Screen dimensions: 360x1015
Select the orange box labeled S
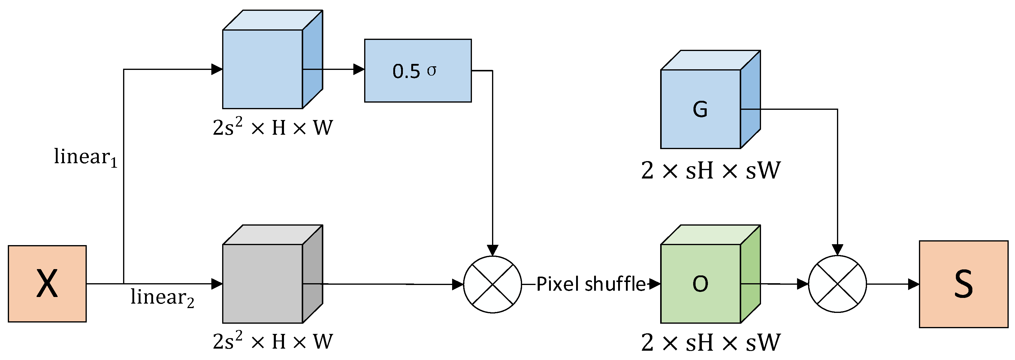pyautogui.click(x=963, y=284)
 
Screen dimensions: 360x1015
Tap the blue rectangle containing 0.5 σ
pyautogui.click(x=418, y=70)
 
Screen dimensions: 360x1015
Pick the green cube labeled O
pyautogui.click(x=701, y=283)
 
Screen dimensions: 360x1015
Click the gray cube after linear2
pyautogui.click(x=263, y=283)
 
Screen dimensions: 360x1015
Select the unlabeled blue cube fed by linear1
pyautogui.click(x=263, y=69)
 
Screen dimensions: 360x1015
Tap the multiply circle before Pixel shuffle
pyautogui.click(x=493, y=284)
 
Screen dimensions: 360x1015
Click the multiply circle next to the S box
pyautogui.click(x=837, y=284)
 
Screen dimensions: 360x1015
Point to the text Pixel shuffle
pyautogui.click(x=591, y=284)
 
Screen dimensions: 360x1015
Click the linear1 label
pyautogui.click(x=86, y=157)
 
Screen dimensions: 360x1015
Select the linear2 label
pyautogui.click(x=162, y=297)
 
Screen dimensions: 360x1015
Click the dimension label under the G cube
pyautogui.click(x=710, y=170)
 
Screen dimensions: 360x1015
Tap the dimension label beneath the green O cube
pyautogui.click(x=710, y=342)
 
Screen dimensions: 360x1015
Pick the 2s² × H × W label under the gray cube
pyautogui.click(x=273, y=341)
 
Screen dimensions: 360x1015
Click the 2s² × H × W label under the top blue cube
pyautogui.click(x=273, y=127)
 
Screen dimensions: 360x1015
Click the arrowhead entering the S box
pyautogui.click(x=913, y=284)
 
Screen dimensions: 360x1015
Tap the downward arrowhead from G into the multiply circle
pyautogui.click(x=837, y=250)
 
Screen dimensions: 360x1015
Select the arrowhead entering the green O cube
pyautogui.click(x=654, y=283)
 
